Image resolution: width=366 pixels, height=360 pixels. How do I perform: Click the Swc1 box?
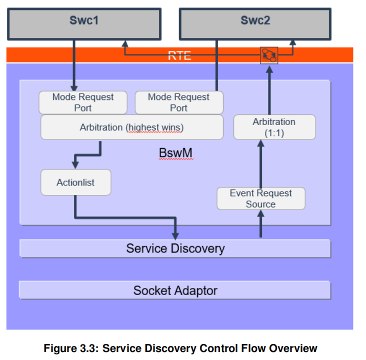83,22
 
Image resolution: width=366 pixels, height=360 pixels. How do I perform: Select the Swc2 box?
255,22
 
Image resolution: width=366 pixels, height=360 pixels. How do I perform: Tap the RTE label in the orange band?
179,55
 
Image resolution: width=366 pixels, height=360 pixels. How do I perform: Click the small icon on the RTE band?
269,55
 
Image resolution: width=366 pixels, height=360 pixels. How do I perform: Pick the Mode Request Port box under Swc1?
83,102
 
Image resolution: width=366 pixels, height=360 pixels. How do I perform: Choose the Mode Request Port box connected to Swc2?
178,102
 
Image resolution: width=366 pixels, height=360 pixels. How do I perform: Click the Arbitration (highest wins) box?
131,127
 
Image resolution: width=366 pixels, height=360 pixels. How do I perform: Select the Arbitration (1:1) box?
274,127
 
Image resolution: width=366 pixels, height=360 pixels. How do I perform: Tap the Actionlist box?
75,182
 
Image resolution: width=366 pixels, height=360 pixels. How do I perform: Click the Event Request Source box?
260,198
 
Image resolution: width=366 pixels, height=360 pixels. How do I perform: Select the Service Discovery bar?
175,248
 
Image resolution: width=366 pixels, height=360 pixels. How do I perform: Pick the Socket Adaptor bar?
175,290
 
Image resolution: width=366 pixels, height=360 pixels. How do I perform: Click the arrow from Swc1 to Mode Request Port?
74,65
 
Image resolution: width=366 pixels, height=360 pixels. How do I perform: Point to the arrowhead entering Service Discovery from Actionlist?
175,234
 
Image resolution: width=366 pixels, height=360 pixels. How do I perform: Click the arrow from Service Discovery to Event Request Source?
260,223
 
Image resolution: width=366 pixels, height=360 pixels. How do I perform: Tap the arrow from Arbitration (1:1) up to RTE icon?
269,90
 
